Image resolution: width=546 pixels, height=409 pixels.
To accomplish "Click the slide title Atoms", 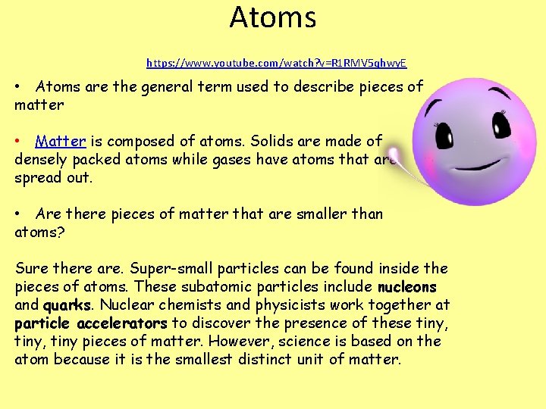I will point(273,17).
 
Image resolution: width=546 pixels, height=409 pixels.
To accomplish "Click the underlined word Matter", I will point(61,141).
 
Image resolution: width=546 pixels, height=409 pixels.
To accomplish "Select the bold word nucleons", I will point(407,287).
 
